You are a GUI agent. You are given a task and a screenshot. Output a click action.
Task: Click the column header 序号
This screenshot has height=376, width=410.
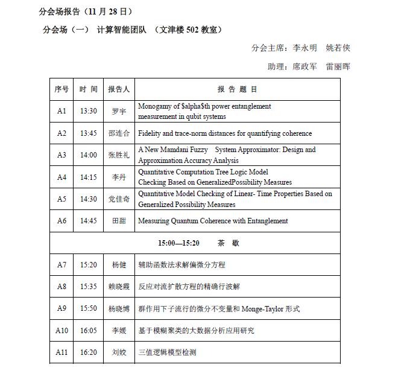pyautogui.click(x=61, y=89)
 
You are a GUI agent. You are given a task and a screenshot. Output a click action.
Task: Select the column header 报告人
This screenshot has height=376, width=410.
pyautogui.click(x=119, y=89)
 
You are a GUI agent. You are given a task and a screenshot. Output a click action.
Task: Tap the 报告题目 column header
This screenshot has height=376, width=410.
pyautogui.click(x=237, y=89)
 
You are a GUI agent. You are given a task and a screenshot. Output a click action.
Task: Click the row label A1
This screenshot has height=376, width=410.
pyautogui.click(x=61, y=111)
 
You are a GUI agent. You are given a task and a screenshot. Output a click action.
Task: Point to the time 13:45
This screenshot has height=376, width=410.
pyautogui.click(x=89, y=133)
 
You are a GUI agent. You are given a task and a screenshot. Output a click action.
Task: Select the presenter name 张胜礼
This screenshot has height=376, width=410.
pyautogui.click(x=119, y=155)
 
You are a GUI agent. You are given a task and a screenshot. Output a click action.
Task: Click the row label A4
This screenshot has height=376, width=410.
pyautogui.click(x=61, y=177)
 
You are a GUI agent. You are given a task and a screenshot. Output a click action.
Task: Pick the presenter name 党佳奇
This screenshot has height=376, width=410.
pyautogui.click(x=119, y=199)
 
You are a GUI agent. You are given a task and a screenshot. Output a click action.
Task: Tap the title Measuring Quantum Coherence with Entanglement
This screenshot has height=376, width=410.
pyautogui.click(x=213, y=221)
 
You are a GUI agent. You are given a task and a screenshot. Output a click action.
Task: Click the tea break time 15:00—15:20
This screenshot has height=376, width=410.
pyautogui.click(x=178, y=243)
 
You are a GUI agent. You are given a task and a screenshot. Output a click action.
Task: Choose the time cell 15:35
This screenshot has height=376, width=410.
pyautogui.click(x=89, y=287)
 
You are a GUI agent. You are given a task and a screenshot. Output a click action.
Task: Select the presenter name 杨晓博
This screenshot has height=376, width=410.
pyautogui.click(x=119, y=308)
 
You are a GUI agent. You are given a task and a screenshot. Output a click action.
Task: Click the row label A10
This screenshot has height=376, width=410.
pyautogui.click(x=61, y=330)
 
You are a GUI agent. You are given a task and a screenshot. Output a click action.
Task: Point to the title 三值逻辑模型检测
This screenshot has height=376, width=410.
pyautogui.click(x=167, y=352)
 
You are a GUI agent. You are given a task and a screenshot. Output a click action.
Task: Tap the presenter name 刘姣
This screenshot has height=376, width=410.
pyautogui.click(x=119, y=352)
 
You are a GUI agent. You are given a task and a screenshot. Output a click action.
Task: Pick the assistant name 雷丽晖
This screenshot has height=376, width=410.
pyautogui.click(x=338, y=66)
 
